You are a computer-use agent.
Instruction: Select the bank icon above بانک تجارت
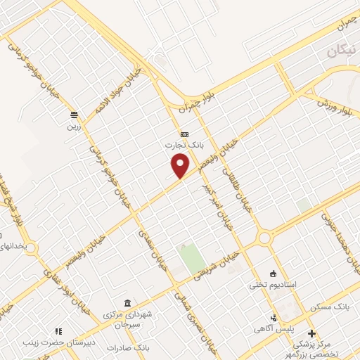coord(184,134)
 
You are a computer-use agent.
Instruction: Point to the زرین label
coord(75,127)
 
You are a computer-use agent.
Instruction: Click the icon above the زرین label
coord(74,115)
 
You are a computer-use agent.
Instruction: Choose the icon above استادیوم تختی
coord(274,274)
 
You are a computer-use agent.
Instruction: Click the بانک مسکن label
coord(334,308)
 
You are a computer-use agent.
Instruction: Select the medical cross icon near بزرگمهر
coord(313,333)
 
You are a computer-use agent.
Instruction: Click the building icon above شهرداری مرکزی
coord(126,302)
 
